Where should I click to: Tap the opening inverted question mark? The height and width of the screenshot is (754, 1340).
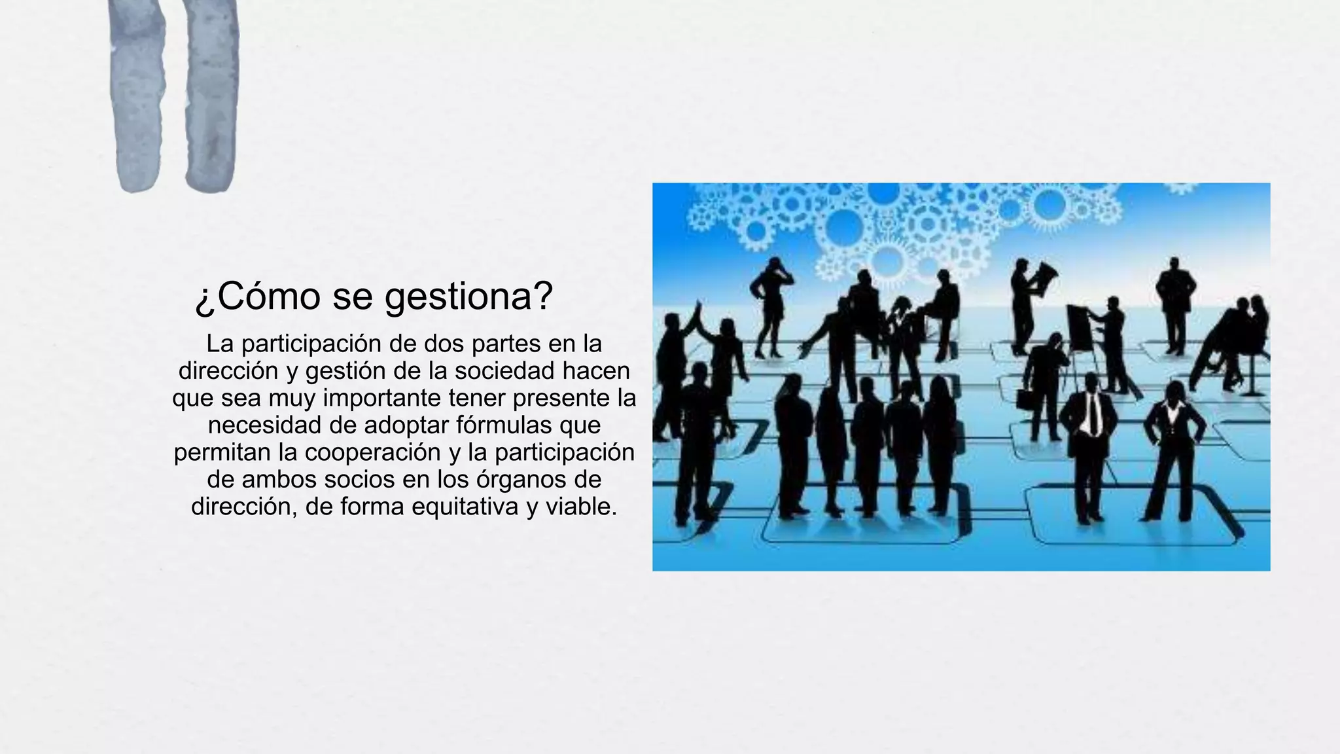coord(204,299)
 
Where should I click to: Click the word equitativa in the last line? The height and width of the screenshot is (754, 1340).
coord(465,507)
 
